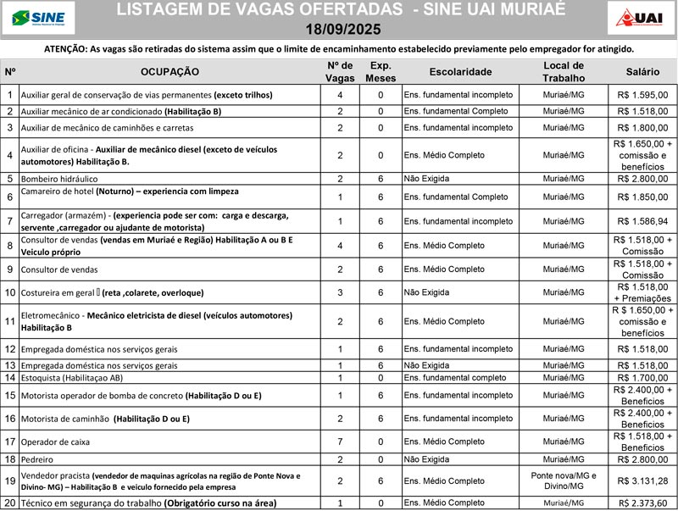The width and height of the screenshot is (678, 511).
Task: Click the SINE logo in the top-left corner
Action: click(x=39, y=17)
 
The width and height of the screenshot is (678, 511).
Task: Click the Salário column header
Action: click(x=642, y=72)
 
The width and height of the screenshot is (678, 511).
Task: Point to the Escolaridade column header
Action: click(x=460, y=72)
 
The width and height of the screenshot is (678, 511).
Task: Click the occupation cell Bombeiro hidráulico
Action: click(x=59, y=179)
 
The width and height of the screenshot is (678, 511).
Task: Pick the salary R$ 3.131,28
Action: click(x=642, y=480)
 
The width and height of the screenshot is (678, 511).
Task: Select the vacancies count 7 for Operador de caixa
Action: click(x=340, y=442)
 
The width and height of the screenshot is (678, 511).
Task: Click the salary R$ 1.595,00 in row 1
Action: click(x=642, y=95)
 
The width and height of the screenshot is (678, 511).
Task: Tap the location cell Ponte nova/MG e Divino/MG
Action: click(x=564, y=480)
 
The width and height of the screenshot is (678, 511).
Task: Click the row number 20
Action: click(x=10, y=503)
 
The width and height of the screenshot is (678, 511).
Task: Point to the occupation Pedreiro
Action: click(x=40, y=459)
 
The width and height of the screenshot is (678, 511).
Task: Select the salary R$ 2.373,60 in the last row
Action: click(x=642, y=503)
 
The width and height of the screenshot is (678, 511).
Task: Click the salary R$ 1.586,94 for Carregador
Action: click(x=642, y=221)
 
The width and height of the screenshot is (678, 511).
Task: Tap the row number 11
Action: click(x=10, y=321)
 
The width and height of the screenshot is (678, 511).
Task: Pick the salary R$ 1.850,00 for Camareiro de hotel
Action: click(x=642, y=197)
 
